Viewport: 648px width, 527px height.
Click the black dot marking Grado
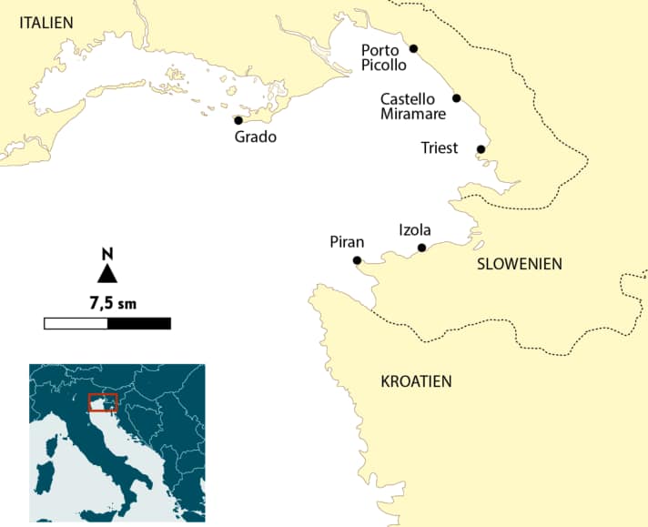tap(238, 120)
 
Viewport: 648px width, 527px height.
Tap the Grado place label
tap(255, 137)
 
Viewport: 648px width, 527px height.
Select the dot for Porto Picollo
tap(413, 48)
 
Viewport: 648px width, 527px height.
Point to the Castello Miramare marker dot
tap(456, 98)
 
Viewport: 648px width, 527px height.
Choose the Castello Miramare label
tap(412, 106)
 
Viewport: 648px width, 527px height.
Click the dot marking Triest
tap(481, 149)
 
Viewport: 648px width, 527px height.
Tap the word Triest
tap(440, 148)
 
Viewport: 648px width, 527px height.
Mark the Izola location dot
tap(421, 248)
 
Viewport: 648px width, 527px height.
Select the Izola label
tap(415, 230)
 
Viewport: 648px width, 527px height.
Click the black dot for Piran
tap(357, 260)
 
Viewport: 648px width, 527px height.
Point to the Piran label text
tap(347, 242)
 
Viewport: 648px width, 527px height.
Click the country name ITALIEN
tap(46, 22)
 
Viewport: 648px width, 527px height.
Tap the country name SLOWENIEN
tap(520, 264)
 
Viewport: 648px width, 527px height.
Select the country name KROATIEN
tap(416, 381)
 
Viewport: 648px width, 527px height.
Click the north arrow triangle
tap(107, 273)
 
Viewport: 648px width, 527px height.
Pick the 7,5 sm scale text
tap(107, 301)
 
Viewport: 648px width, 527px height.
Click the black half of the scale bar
tap(138, 323)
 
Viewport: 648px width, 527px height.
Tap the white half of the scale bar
tap(76, 323)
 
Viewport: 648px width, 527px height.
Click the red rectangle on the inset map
tap(103, 402)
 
